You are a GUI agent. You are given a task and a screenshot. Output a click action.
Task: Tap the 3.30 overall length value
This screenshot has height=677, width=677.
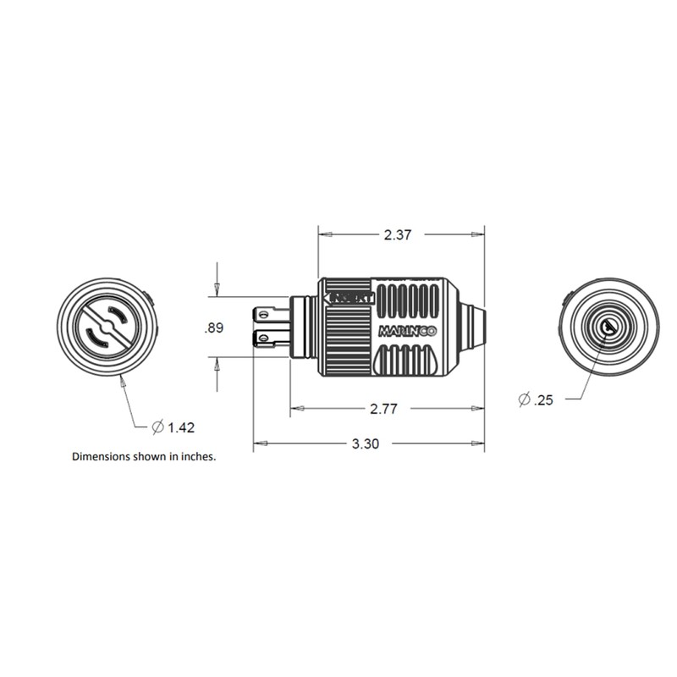pos(365,443)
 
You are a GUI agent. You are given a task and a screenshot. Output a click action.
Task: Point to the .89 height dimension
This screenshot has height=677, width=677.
pos(214,328)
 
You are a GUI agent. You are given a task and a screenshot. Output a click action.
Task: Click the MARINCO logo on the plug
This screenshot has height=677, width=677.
pos(407,332)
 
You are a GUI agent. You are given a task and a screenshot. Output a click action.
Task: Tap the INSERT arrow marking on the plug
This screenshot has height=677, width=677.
pos(346,299)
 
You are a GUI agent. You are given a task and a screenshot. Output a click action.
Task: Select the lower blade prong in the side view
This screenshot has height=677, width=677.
pos(270,339)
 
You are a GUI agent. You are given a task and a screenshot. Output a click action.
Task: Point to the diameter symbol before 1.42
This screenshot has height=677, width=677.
pos(157,427)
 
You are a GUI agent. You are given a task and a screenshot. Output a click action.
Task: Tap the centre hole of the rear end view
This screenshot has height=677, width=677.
pos(608,326)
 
